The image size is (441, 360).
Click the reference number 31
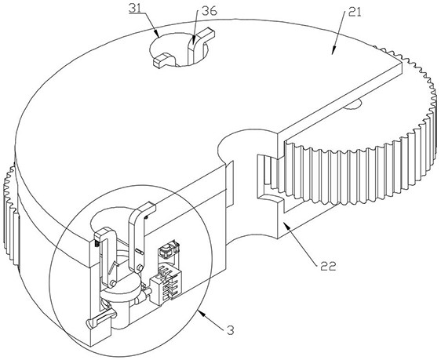(135, 9)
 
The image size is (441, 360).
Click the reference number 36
(210, 11)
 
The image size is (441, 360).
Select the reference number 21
(355, 13)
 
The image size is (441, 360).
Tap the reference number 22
(328, 266)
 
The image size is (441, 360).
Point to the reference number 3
(231, 330)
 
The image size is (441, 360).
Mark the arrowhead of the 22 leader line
(286, 225)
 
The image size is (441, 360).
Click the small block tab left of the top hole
(163, 60)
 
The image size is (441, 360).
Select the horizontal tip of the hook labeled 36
(209, 34)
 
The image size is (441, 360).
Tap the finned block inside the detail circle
(166, 286)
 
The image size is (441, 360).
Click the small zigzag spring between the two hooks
(114, 267)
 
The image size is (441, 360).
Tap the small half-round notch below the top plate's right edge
(352, 105)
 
